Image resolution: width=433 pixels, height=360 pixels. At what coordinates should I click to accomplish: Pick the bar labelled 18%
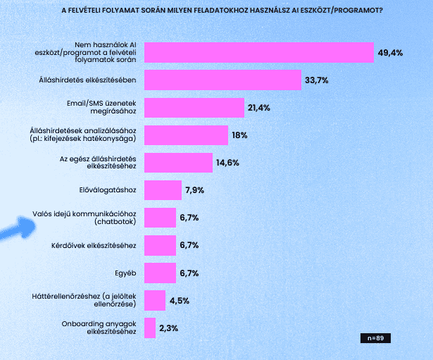[186, 135]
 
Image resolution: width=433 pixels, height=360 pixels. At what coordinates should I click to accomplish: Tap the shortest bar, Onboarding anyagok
[150, 328]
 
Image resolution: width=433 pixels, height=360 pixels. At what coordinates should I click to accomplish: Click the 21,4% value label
[259, 108]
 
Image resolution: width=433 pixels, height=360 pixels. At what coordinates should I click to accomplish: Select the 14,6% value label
[228, 163]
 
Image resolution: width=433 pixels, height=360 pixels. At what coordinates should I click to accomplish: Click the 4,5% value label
[178, 301]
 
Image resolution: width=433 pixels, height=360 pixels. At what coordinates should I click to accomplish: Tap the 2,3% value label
[168, 328]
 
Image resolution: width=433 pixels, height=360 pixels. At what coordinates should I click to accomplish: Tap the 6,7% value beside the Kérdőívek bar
[189, 245]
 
